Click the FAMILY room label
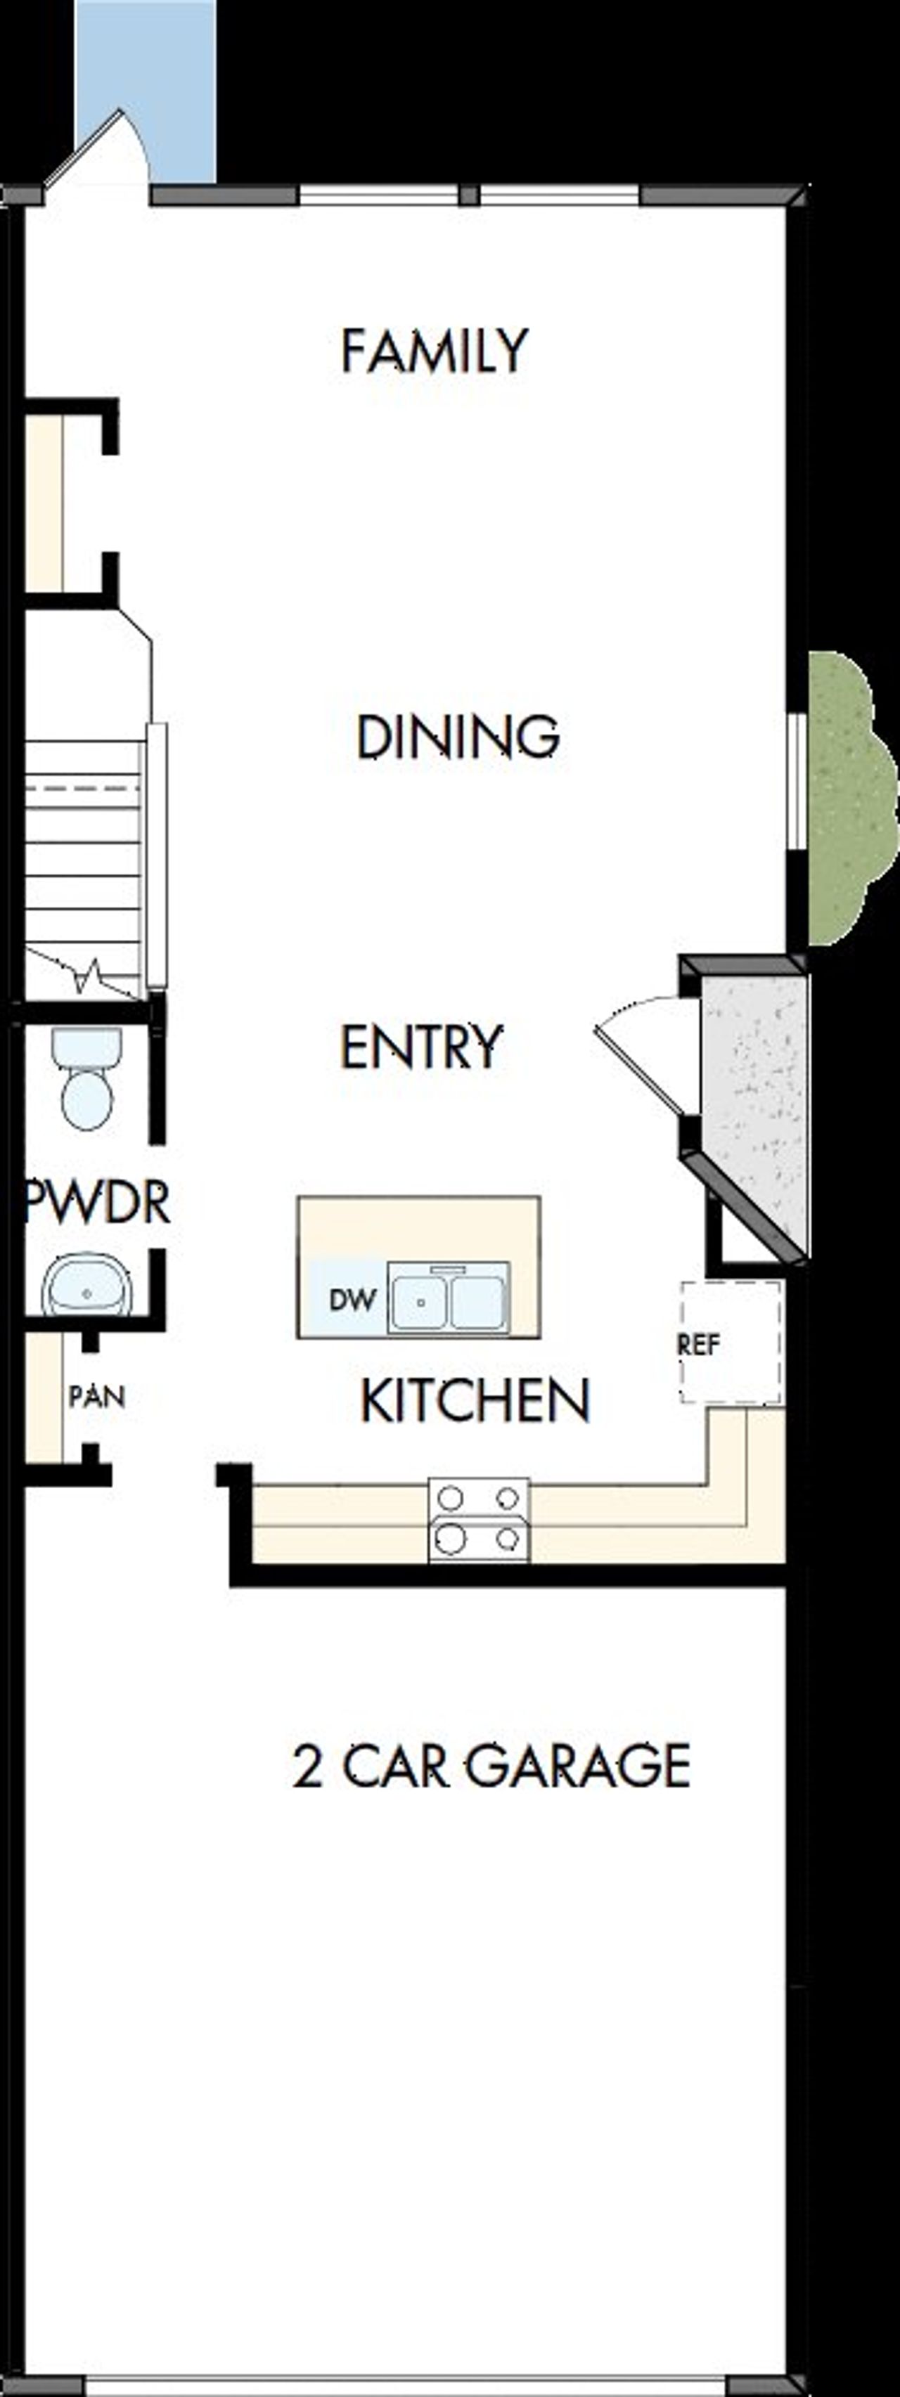pos(434,351)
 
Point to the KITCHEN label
pos(475,1400)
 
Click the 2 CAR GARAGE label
pos(491,1765)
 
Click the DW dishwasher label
pos(352,1300)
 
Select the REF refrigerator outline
pos(731,1343)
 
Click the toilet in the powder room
pos(86,1080)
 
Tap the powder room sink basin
pos(86,1285)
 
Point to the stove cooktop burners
pos(478,1520)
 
